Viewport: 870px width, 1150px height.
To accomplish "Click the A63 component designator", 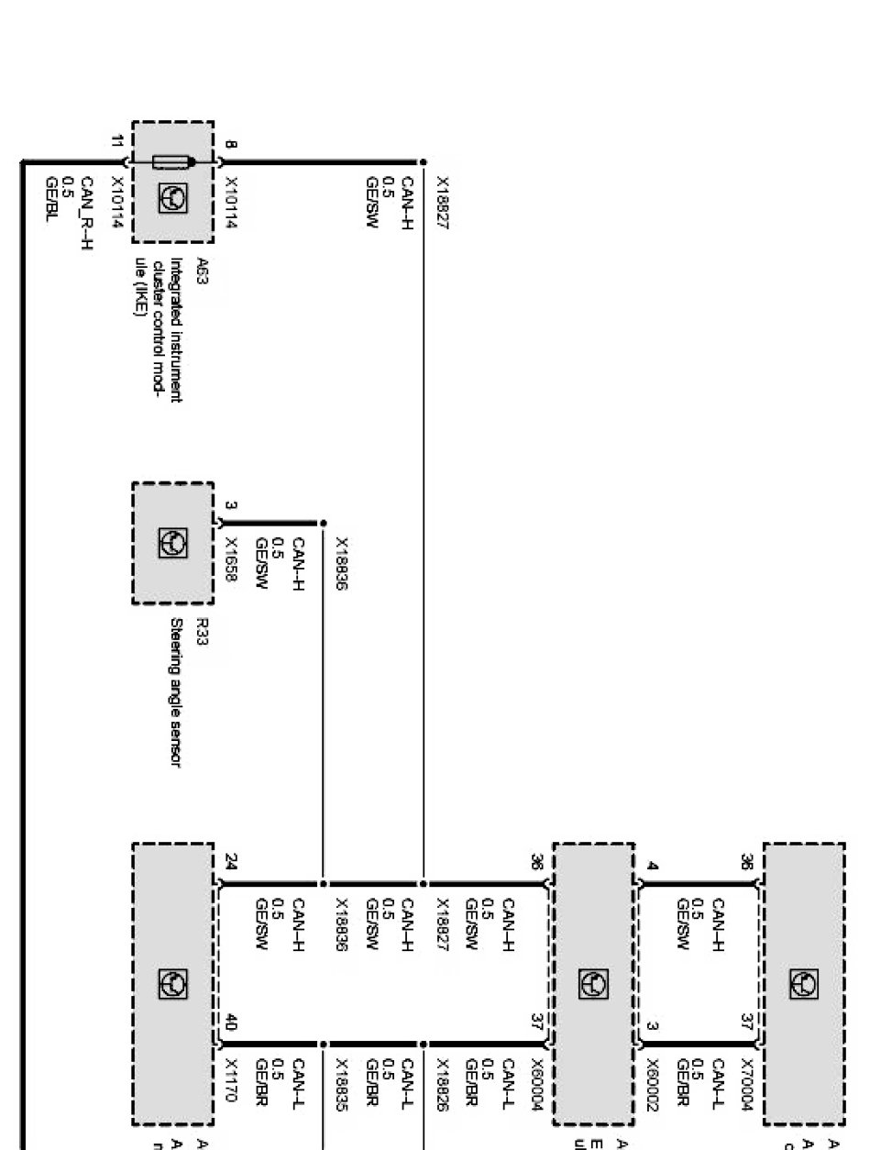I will point(204,267).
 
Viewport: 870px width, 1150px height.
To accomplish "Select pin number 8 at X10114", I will point(229,143).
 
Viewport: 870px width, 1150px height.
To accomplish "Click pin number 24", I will point(231,862).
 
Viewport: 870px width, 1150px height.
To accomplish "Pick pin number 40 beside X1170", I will point(230,1029).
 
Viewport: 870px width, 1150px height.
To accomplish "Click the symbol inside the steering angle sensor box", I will point(171,541).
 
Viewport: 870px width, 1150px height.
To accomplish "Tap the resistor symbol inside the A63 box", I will point(171,163).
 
